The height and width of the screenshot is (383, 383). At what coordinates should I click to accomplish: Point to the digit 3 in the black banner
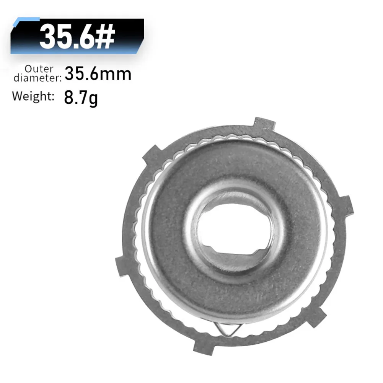[x=48, y=37]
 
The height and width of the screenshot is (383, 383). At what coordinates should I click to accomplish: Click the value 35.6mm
[x=98, y=73]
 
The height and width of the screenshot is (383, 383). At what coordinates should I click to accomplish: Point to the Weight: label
[x=33, y=96]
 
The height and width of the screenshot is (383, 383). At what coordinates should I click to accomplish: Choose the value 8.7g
[x=81, y=98]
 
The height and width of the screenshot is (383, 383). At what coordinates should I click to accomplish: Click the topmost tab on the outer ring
[x=264, y=125]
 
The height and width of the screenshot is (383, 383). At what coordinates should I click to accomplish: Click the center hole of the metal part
[x=235, y=229]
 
